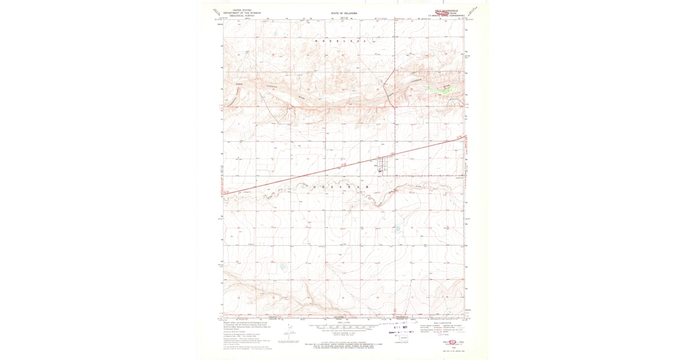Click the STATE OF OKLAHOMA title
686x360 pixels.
click(x=344, y=13)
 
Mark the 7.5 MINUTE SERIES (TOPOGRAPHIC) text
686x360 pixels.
click(x=446, y=15)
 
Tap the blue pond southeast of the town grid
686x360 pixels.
click(x=398, y=229)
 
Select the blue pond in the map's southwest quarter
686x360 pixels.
click(x=282, y=267)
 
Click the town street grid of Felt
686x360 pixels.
click(x=382, y=166)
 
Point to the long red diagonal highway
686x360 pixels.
click(x=343, y=165)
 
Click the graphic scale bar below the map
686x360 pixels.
click(x=343, y=327)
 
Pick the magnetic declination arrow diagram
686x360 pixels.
click(x=285, y=333)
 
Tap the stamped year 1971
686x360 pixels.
click(x=409, y=327)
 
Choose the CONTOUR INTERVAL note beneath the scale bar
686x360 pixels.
click(x=343, y=332)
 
